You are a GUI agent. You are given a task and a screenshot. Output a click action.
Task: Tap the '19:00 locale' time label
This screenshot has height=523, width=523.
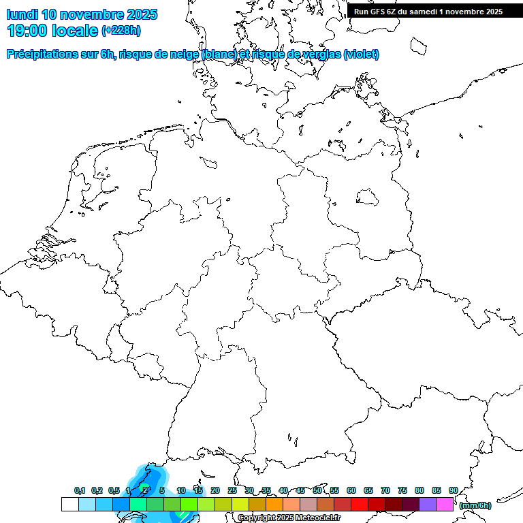[52, 31]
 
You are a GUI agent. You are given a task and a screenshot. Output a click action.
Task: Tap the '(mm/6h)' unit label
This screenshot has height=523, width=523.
[475, 505]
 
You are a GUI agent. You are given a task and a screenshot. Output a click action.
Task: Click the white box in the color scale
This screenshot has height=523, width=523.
[69, 504]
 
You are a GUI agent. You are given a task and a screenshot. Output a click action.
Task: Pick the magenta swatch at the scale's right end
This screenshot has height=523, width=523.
[445, 504]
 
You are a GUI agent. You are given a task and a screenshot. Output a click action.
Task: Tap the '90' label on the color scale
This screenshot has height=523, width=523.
[454, 490]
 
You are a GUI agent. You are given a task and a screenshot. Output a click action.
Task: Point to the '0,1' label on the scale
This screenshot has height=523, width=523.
[79, 490]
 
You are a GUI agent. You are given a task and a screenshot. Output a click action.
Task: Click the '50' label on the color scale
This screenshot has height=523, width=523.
[317, 490]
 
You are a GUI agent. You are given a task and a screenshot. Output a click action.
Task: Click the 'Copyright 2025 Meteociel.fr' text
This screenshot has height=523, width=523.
[289, 518]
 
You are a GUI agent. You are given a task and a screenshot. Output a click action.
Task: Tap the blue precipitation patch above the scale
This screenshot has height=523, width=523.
[151, 477]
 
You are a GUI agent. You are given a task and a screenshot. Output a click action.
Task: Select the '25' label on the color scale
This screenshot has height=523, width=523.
[232, 490]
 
